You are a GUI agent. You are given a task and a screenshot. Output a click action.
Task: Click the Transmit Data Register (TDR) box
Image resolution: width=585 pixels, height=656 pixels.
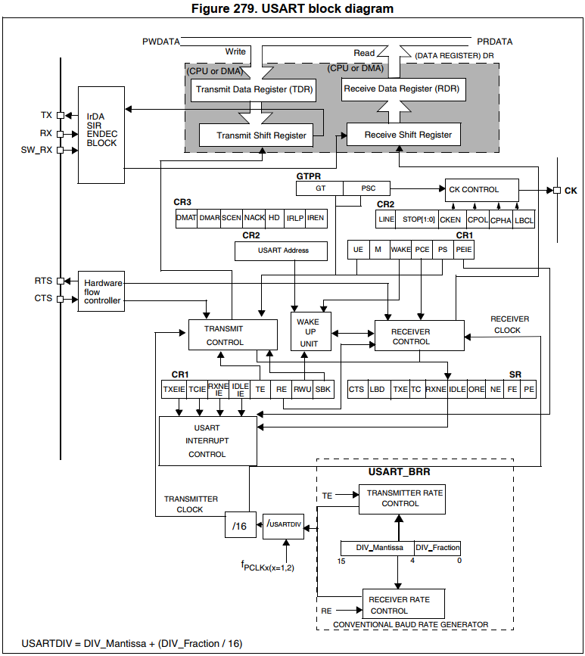254,90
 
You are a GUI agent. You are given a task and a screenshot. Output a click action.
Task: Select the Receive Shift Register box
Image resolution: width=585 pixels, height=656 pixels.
404,134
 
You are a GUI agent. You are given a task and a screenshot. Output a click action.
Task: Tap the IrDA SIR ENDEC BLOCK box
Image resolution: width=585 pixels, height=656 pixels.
101,135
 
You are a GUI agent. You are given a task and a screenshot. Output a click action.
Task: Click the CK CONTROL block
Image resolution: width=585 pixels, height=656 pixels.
481,190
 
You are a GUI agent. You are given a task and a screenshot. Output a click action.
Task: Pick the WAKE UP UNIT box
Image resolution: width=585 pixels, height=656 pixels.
311,331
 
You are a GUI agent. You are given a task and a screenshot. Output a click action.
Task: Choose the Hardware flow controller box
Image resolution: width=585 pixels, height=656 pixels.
101,291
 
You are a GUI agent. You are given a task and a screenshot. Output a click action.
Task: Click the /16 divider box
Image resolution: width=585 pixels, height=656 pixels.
241,524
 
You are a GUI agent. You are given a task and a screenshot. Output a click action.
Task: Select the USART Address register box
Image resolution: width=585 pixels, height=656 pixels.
281,251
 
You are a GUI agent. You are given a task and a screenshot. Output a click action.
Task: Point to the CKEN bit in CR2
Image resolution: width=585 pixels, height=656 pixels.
450,219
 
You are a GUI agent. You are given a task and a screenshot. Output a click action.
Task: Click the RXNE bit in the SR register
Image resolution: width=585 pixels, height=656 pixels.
436,389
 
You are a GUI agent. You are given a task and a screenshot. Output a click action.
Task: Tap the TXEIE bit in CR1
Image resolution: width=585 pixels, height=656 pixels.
173,389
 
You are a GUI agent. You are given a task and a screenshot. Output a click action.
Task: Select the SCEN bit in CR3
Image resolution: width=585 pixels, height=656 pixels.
232,218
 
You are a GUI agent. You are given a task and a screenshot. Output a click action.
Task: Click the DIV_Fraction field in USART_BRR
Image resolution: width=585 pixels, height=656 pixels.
437,548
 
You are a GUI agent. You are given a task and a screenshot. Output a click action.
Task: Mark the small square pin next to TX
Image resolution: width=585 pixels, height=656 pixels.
61,116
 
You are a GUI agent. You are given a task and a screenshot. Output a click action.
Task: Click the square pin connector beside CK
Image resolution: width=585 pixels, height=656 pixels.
557,191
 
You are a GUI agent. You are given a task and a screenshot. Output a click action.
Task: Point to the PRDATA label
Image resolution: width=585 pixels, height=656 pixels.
495,42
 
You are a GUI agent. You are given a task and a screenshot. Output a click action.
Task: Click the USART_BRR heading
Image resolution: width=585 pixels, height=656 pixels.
399,471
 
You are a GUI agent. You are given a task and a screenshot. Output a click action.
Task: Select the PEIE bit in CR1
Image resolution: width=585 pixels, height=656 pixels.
464,250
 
